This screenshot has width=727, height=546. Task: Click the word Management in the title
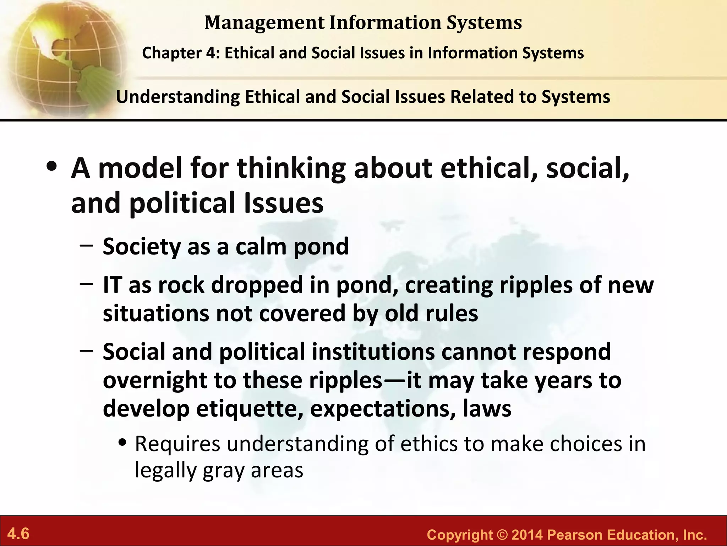tap(264, 22)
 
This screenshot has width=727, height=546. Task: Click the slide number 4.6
tap(18, 534)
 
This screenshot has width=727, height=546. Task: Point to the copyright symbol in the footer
tap(502, 535)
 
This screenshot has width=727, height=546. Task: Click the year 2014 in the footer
tap(528, 535)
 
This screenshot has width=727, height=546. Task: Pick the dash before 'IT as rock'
tap(87, 284)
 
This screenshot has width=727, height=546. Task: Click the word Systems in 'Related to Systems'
tap(575, 97)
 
